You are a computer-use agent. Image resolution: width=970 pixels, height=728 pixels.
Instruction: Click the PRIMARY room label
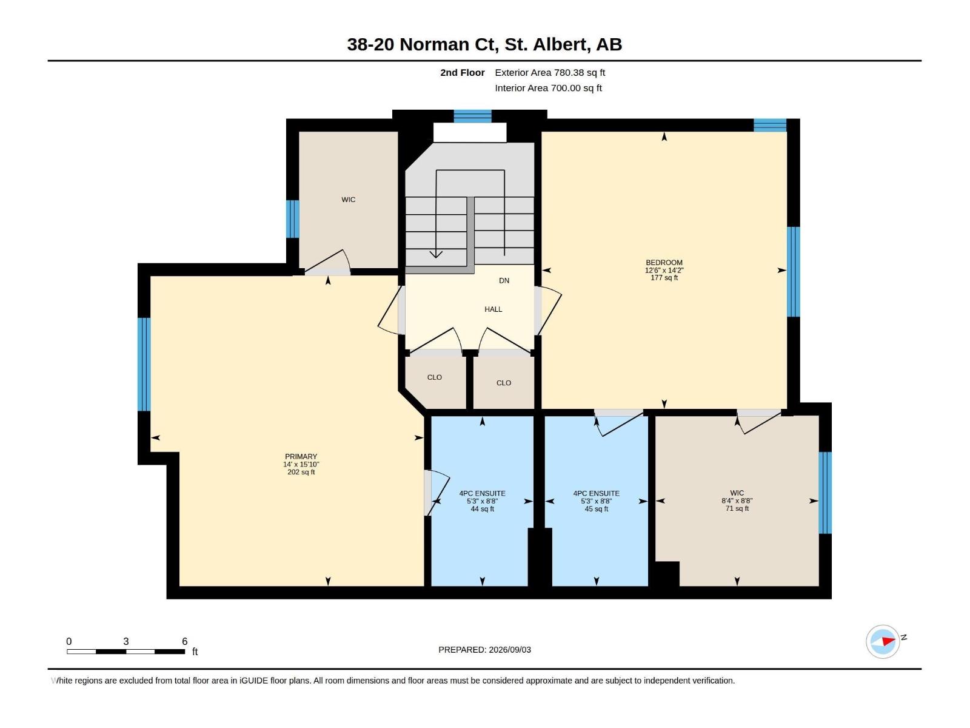(x=301, y=456)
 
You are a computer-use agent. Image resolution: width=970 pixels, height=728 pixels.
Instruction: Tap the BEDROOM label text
(x=664, y=262)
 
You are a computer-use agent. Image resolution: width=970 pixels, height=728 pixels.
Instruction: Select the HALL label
(x=493, y=309)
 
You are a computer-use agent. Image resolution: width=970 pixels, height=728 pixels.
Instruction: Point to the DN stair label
(x=504, y=280)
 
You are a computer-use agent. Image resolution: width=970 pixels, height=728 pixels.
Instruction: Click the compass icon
(x=883, y=641)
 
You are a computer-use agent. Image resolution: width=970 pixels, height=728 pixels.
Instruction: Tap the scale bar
(x=126, y=651)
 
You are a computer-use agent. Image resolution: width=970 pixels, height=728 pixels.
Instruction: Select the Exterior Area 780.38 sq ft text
(x=550, y=72)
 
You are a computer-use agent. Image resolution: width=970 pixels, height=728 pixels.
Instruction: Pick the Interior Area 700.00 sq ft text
(x=548, y=88)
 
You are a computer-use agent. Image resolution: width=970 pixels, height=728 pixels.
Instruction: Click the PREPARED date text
(x=484, y=650)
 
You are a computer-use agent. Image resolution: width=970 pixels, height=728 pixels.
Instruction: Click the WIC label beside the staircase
(x=348, y=200)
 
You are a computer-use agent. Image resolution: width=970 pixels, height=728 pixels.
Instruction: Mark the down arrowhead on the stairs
(x=436, y=254)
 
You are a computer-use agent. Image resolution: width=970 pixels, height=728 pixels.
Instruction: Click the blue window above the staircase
(x=472, y=116)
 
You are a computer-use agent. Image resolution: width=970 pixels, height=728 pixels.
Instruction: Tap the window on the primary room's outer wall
(x=144, y=364)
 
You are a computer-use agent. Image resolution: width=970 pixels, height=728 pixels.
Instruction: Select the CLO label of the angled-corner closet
(x=435, y=377)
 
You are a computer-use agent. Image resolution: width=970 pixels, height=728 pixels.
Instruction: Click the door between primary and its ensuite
(x=436, y=493)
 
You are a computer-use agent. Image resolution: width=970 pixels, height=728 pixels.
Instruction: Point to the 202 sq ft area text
(x=301, y=472)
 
